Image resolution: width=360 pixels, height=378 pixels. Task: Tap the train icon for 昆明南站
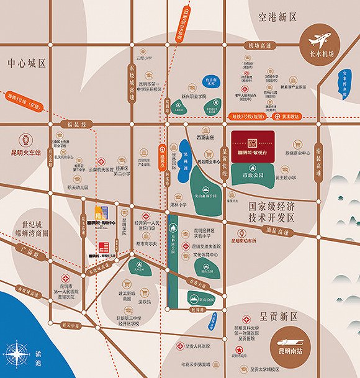[x=296, y=342]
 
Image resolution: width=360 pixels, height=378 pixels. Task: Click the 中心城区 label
[x=27, y=64]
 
